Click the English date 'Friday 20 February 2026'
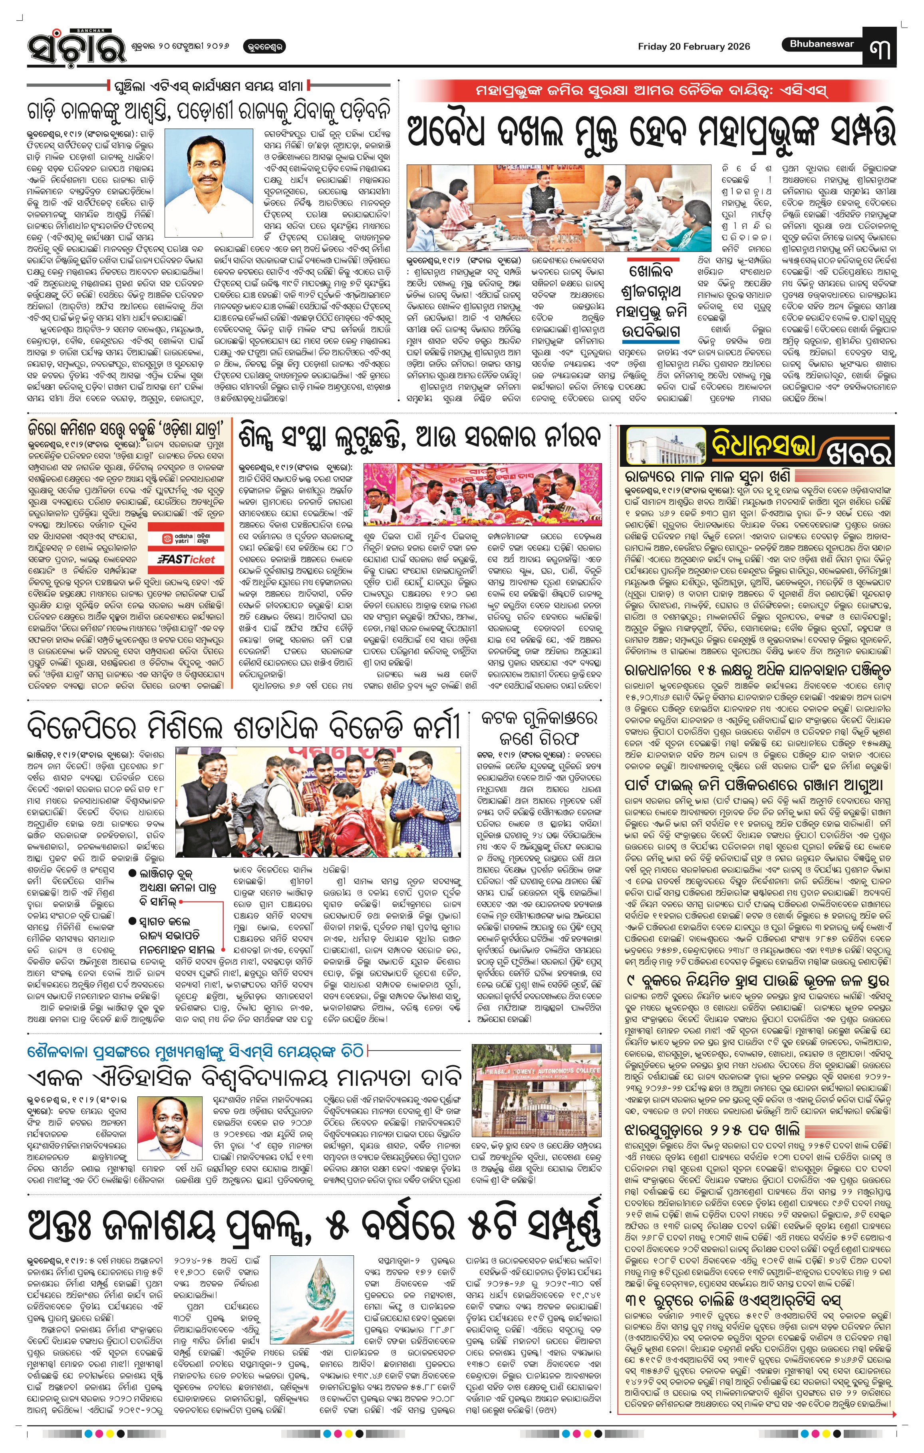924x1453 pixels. coord(693,46)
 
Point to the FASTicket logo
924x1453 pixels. coord(186,559)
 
